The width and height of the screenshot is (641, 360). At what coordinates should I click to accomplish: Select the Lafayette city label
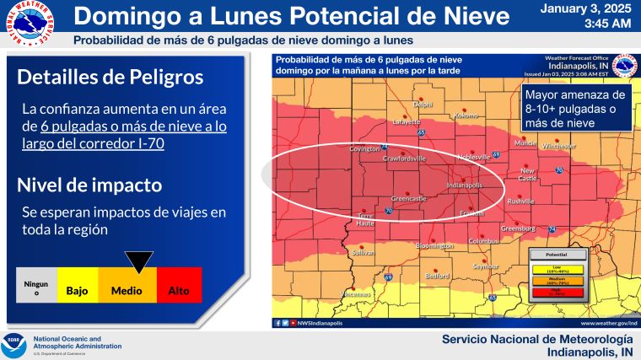407,121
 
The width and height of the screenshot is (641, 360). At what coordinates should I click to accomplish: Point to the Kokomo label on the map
466,116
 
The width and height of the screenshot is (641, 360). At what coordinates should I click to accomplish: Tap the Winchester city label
558,146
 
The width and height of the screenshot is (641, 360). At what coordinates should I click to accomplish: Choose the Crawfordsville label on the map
404,158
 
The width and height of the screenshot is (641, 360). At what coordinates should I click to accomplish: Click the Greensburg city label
518,229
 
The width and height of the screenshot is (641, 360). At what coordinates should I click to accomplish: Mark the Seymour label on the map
485,266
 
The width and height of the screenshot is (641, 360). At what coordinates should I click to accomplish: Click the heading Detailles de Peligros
110,77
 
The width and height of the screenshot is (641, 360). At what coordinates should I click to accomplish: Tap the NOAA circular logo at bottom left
14,345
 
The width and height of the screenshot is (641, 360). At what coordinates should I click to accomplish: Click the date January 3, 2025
584,9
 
